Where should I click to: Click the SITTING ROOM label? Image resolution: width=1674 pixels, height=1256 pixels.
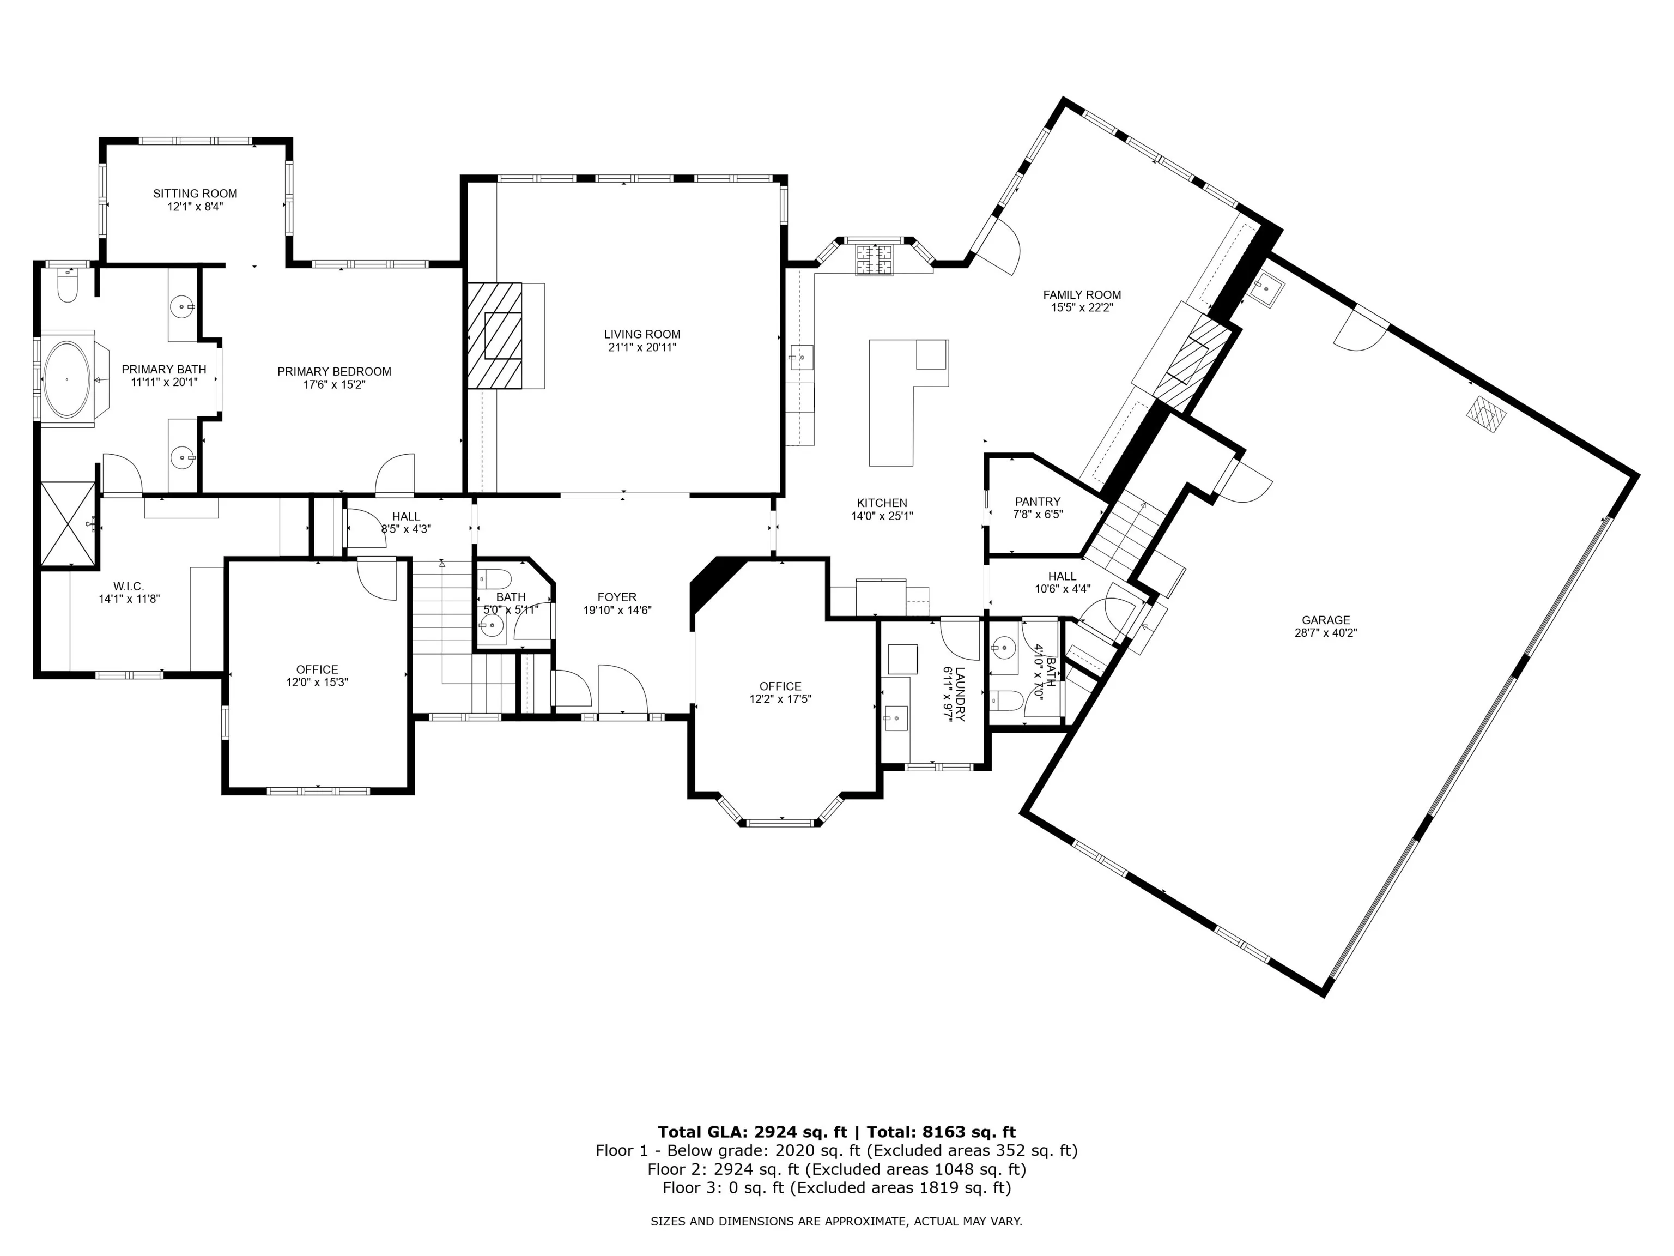(195, 194)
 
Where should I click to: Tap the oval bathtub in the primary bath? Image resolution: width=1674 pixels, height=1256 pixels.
(68, 379)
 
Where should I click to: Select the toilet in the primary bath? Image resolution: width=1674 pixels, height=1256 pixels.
(68, 287)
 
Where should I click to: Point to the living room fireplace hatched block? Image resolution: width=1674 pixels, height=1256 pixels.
(495, 335)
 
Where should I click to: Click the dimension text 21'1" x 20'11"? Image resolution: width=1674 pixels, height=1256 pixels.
(642, 347)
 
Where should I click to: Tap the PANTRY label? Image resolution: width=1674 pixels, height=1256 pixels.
(1038, 501)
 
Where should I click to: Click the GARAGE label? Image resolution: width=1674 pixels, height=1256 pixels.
(1326, 620)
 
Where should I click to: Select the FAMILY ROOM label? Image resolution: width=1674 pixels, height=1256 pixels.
(1082, 295)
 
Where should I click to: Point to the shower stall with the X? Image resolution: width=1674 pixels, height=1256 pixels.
(68, 524)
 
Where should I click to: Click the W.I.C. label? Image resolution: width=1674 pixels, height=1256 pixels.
(129, 586)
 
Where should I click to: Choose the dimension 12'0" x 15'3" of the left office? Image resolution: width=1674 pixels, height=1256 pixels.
(317, 682)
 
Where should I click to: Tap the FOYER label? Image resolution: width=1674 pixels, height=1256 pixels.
(617, 597)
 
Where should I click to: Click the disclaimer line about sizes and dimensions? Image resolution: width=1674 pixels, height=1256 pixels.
(836, 1221)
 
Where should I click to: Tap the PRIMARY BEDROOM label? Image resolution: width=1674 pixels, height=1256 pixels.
(335, 372)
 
